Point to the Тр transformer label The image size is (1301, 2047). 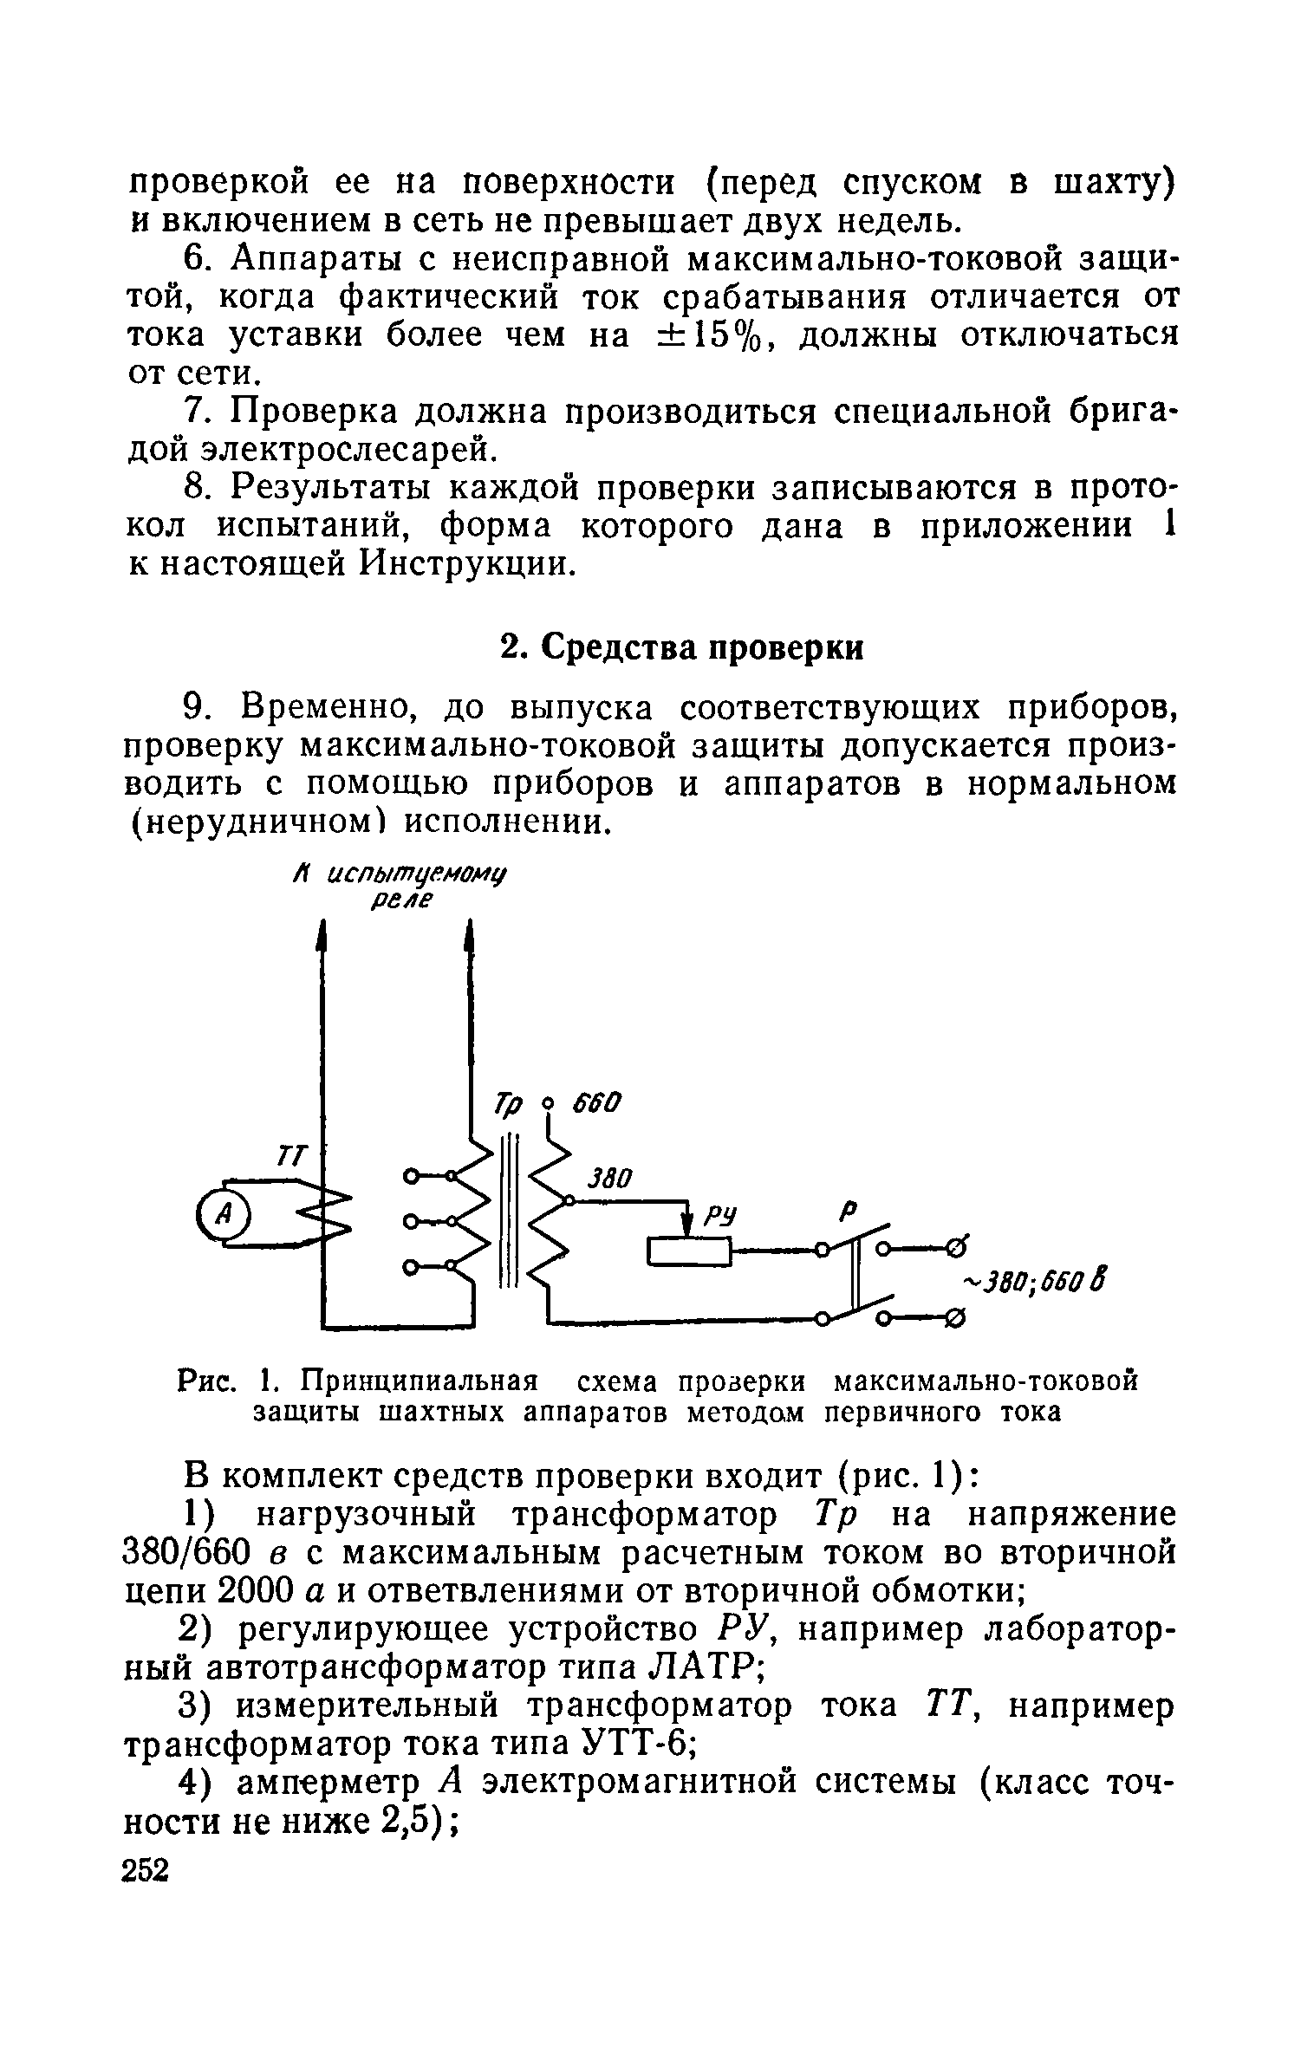coord(509,1105)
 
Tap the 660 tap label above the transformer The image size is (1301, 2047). coord(595,1104)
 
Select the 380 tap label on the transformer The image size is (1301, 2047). coord(610,1179)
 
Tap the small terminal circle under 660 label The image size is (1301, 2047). coord(547,1105)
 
